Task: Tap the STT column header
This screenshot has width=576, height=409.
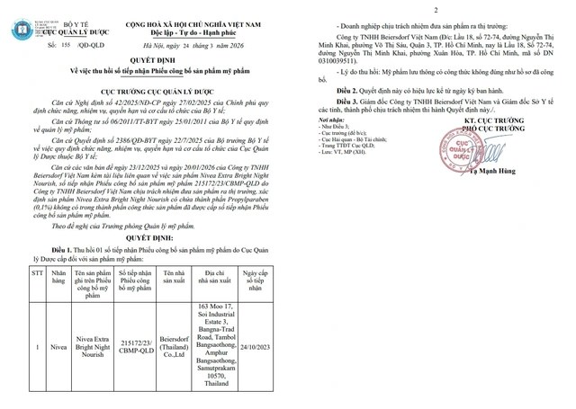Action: (37, 271)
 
